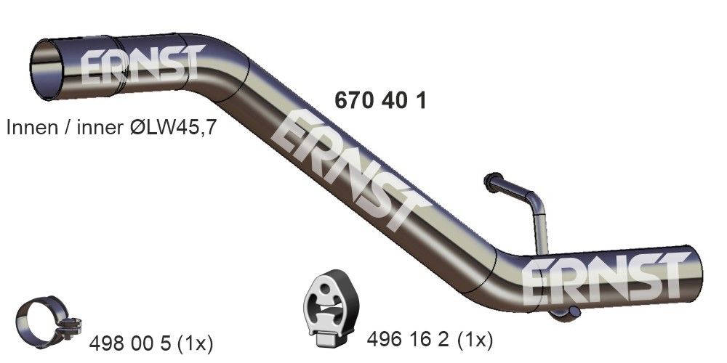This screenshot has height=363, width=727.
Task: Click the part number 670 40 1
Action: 379,100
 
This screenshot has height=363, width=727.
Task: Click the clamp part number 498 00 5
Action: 132,340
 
